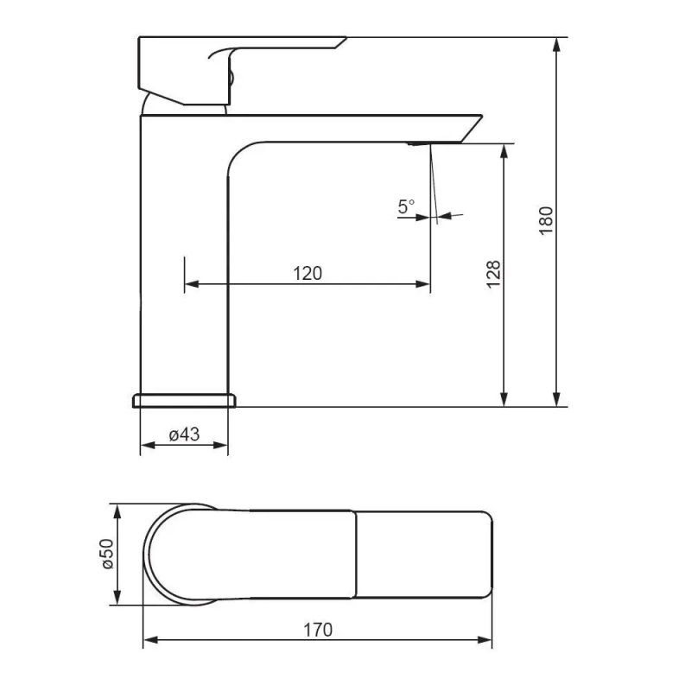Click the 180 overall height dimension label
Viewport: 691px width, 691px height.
(x=546, y=220)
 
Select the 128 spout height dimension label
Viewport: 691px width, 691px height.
(x=493, y=274)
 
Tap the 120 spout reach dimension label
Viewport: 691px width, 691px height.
(x=307, y=273)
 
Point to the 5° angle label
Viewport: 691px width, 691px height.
(x=406, y=206)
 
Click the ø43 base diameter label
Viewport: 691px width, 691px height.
(x=184, y=434)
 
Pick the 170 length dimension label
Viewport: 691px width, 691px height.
(x=318, y=631)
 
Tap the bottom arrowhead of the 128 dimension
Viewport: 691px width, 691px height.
(x=504, y=399)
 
